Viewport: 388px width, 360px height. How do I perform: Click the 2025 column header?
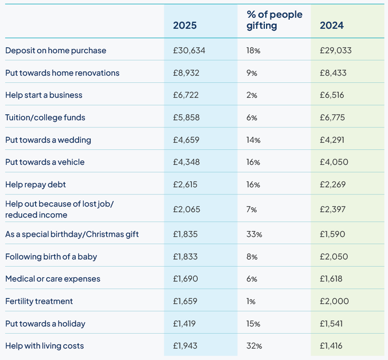[x=185, y=26]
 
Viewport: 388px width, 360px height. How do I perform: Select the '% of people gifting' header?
[x=274, y=20]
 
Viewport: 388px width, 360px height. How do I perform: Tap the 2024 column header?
[x=332, y=26]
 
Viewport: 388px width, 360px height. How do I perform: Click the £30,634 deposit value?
[x=189, y=50]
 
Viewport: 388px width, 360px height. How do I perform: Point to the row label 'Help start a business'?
[x=44, y=95]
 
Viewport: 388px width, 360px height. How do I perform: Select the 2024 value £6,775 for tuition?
[x=334, y=118]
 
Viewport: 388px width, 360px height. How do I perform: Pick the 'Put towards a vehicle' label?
[x=45, y=162]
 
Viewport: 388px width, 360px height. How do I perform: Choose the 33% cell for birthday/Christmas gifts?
[x=254, y=234]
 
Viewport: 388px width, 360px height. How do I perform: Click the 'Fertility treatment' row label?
[x=39, y=301]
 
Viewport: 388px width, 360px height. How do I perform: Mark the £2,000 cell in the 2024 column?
[x=335, y=301]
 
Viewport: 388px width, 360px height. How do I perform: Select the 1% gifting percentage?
[x=251, y=301]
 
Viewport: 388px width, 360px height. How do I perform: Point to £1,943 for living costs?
[x=185, y=346]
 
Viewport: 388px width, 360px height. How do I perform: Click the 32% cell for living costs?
[x=254, y=346]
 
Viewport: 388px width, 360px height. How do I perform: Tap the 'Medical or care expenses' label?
[x=53, y=279]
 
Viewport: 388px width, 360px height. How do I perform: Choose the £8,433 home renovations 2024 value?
[x=334, y=73]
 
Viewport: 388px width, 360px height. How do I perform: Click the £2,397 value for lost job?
[x=333, y=209]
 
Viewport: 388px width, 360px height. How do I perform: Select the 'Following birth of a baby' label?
[x=51, y=257]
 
